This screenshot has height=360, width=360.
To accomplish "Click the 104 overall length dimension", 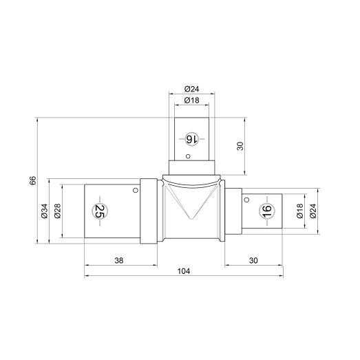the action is coord(184,271).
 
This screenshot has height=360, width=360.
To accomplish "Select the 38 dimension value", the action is coord(118,261).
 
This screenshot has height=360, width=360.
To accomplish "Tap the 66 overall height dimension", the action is coord(33,180).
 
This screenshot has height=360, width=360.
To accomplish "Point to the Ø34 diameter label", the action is coord(44,211).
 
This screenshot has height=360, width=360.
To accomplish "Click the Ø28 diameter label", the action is coord(57,211).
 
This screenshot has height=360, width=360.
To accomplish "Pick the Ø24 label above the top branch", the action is coord(192,89).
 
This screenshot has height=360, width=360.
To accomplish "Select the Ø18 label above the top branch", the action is coord(192,100).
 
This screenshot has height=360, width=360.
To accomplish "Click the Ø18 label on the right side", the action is coord(300,211).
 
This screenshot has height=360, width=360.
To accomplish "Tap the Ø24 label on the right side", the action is coord(313,211).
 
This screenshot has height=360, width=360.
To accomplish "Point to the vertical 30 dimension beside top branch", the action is coord(240,146).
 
